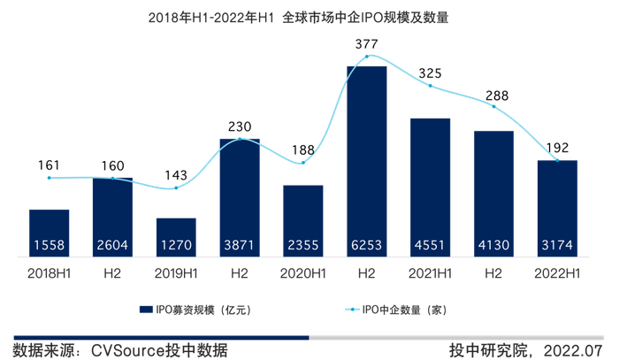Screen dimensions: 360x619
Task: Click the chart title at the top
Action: click(x=309, y=17)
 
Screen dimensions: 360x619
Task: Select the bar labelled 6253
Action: click(x=367, y=159)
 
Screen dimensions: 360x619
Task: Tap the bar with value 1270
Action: click(x=176, y=237)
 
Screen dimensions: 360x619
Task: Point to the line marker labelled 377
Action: click(x=367, y=56)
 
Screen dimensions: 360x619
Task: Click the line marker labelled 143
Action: click(x=176, y=188)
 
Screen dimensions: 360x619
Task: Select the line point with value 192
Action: click(x=557, y=160)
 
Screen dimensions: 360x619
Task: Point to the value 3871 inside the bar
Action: click(x=240, y=245)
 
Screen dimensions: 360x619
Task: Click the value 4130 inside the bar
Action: click(x=493, y=245)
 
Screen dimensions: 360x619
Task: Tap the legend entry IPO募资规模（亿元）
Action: click(x=194, y=310)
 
